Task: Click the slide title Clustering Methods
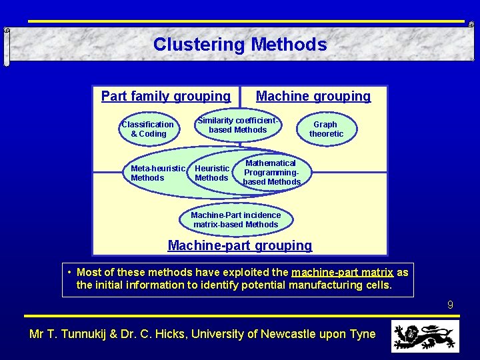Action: [x=240, y=45]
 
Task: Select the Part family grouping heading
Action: [x=165, y=96]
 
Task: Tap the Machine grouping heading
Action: [x=313, y=96]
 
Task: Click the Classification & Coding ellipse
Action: [x=148, y=129]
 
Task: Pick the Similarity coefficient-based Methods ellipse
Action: [x=238, y=125]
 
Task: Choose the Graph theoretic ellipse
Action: [x=326, y=129]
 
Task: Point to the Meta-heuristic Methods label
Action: [x=157, y=173]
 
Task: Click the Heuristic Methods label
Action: [x=212, y=173]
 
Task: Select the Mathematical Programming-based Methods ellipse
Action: [x=271, y=173]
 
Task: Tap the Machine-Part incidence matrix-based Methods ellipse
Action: [x=236, y=220]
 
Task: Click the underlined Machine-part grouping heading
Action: [x=240, y=245]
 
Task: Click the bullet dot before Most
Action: [x=70, y=272]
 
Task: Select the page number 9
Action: [x=450, y=305]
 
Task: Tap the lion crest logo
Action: [x=425, y=335]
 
